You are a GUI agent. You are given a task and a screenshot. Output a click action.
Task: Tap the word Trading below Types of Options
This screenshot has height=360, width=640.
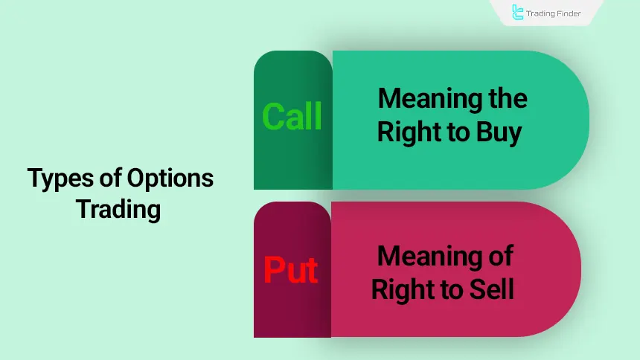click(118, 209)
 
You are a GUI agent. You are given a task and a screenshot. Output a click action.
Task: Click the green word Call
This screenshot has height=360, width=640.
click(292, 117)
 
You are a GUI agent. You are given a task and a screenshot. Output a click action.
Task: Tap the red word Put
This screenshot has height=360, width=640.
click(291, 270)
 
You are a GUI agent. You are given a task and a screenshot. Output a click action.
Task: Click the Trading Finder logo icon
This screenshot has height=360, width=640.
click(518, 12)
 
